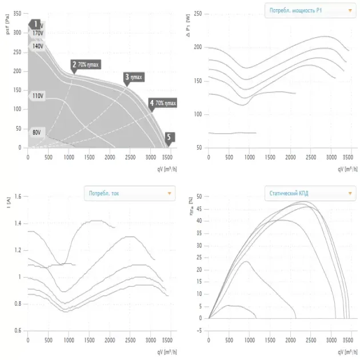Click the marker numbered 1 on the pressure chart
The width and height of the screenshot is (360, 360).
pyautogui.click(x=35, y=24)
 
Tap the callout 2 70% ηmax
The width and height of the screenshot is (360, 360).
pyautogui.click(x=86, y=65)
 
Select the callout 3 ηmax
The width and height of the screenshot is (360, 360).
pyautogui.click(x=134, y=77)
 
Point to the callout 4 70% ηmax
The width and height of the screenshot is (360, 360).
pyautogui.click(x=163, y=103)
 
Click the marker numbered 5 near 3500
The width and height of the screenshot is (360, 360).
pyautogui.click(x=169, y=137)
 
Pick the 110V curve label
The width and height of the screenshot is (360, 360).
pyautogui.click(x=38, y=96)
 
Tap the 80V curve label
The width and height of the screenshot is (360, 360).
pyautogui.click(x=37, y=132)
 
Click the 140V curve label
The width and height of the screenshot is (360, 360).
pyautogui.click(x=38, y=46)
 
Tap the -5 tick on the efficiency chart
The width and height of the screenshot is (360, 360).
pyautogui.click(x=199, y=330)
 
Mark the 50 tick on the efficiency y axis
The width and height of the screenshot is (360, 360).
pyautogui.click(x=199, y=197)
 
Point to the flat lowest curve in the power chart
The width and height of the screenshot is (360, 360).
pyautogui.click(x=231, y=133)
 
